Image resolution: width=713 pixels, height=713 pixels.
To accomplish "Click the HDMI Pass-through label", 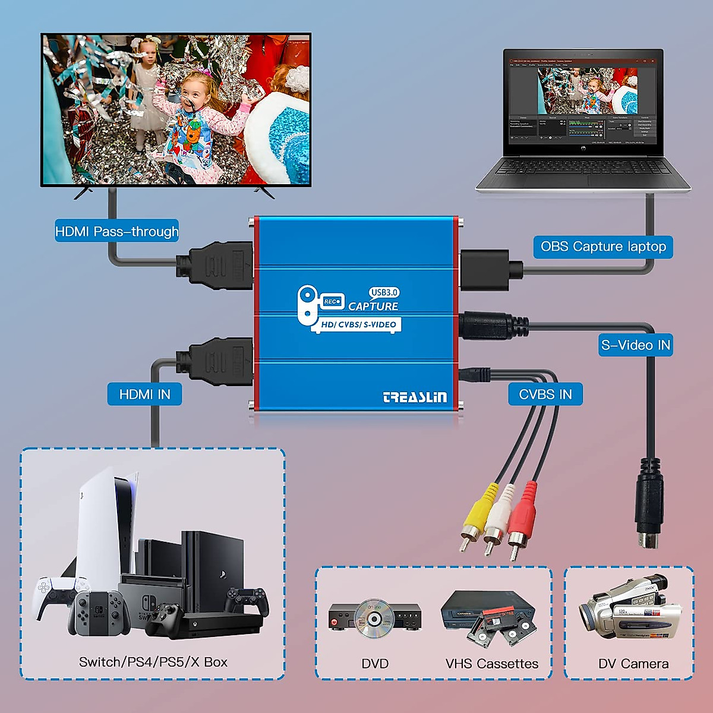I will (x=116, y=231).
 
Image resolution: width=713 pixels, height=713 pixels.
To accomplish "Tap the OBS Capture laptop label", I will (x=603, y=247).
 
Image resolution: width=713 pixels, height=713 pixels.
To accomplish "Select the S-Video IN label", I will (x=636, y=345).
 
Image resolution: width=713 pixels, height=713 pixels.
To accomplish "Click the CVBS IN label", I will (x=545, y=395).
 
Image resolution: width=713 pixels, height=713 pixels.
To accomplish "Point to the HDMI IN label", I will (x=144, y=395).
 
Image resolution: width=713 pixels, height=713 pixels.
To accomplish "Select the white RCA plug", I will (x=498, y=516).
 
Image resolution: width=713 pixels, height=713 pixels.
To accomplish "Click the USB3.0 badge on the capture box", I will (x=384, y=292).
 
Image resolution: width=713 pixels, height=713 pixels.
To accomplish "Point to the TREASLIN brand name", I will (x=415, y=397).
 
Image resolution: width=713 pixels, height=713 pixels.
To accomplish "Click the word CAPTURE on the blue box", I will (x=373, y=307).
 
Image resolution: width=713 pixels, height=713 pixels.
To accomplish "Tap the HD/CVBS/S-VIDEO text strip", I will (x=358, y=324).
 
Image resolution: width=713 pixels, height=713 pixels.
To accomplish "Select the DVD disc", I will (x=374, y=618).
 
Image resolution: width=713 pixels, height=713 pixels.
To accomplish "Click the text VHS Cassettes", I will (x=492, y=664).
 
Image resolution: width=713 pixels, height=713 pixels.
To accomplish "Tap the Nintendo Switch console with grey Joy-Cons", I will (x=99, y=612).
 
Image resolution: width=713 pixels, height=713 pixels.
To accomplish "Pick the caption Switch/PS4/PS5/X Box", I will (x=153, y=662).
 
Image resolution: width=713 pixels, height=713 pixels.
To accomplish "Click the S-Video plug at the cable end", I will (x=649, y=505).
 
